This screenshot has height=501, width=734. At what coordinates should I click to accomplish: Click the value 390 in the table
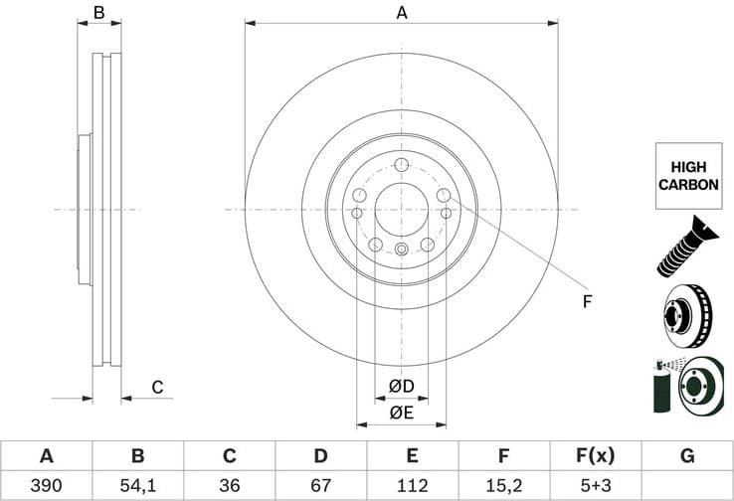pos(46,486)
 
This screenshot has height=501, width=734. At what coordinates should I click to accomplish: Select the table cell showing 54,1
pos(137,486)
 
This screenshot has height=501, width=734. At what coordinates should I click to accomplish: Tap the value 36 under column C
pos(229,486)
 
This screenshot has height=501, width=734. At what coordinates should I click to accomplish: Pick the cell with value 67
pos(320,486)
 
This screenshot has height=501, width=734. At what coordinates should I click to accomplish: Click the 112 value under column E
pos(412,486)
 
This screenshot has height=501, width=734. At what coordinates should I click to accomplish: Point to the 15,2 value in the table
pos(503,486)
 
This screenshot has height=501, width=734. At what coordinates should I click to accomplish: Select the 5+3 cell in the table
pos(595,486)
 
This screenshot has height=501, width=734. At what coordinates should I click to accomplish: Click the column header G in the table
pos(686,456)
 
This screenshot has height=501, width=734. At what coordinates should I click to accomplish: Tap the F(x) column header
pos(595,456)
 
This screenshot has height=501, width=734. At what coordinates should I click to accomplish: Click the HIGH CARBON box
pos(686,176)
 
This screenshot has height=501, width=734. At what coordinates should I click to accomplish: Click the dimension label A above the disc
pos(402,13)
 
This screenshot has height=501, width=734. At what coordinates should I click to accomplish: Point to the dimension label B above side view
pos(98,13)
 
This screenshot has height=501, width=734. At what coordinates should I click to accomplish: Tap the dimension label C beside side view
pos(156,388)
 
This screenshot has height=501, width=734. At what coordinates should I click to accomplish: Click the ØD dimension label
pos(401,386)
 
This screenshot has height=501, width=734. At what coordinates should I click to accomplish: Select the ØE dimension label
pos(401,412)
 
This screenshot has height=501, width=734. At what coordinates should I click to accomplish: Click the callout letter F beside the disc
pos(587,301)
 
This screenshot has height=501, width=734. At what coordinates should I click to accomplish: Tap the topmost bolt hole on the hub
pos(401,165)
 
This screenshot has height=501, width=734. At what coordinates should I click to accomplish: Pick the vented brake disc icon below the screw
pos(686,313)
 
